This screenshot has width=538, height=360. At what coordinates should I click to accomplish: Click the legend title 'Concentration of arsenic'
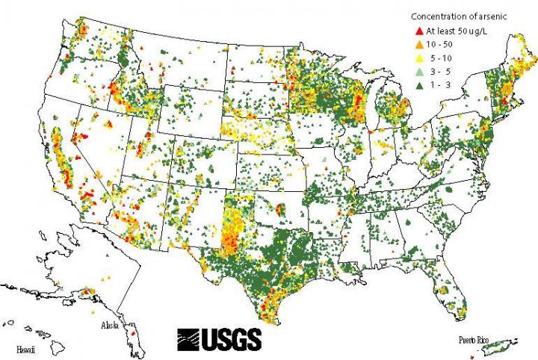click(x=453, y=16)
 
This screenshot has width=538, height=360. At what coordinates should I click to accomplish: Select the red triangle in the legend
click(x=418, y=31)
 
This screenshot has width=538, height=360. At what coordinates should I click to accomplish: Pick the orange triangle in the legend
click(x=418, y=44)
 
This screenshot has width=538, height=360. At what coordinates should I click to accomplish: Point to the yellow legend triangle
click(x=418, y=58)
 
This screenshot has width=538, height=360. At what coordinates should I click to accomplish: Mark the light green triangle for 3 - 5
click(x=418, y=70)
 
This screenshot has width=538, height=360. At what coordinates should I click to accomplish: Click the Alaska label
click(x=114, y=326)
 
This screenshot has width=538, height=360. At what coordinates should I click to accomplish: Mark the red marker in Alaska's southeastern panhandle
click(x=132, y=334)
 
